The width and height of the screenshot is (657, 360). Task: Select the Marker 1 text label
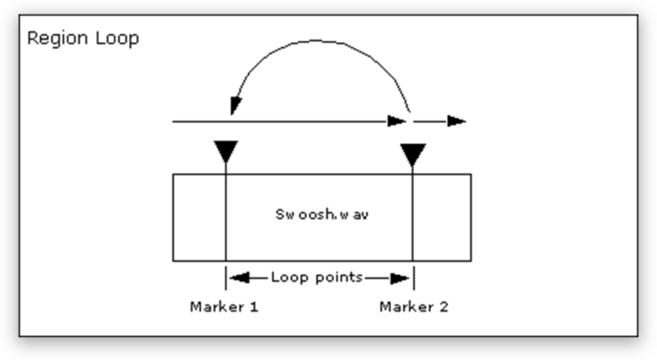(224, 306)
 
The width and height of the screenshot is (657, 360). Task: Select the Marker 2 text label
(413, 306)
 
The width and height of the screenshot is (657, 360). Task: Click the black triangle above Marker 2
(413, 155)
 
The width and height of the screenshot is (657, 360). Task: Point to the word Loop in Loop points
(287, 277)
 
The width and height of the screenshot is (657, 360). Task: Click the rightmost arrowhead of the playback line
(458, 121)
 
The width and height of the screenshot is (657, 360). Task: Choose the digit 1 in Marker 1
(254, 306)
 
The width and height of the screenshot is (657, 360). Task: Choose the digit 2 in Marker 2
(443, 306)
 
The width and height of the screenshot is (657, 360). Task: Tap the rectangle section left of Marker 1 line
(198, 217)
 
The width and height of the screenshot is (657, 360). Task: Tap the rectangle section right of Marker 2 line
(441, 217)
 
